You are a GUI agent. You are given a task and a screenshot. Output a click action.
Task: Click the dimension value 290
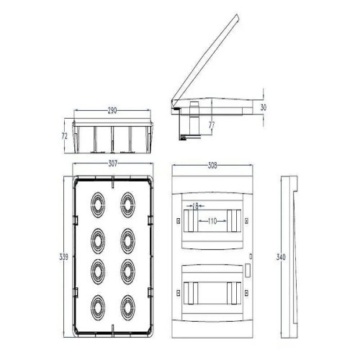pyautogui.click(x=113, y=112)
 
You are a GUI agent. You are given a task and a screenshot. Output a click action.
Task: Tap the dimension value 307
pyautogui.click(x=112, y=164)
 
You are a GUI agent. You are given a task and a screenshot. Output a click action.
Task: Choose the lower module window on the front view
pyautogui.click(x=212, y=289)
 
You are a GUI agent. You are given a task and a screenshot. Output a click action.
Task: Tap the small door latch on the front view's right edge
pyautogui.click(x=249, y=270)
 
